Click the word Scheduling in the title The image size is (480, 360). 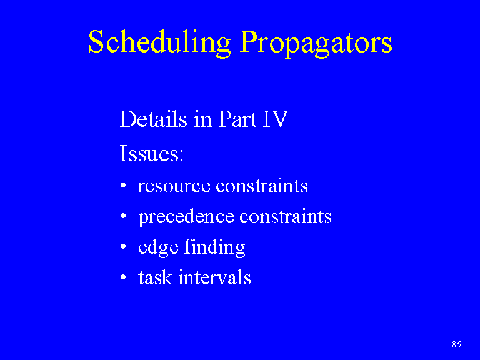[x=159, y=43]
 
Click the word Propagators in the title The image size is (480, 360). [x=316, y=43]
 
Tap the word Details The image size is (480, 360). [x=153, y=119]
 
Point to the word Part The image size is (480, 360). [x=237, y=119]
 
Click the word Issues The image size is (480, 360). [x=151, y=153]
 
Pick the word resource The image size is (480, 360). [x=174, y=187]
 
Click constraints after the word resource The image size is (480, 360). [x=262, y=186]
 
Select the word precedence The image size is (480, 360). [x=186, y=217]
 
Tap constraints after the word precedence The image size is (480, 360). [x=285, y=216]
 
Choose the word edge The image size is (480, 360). [x=158, y=248]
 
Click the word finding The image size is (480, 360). [x=214, y=247]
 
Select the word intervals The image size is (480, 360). [x=214, y=277]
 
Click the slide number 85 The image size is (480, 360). [x=456, y=344]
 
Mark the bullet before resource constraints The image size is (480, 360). [x=123, y=186]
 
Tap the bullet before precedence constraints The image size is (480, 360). [x=123, y=216]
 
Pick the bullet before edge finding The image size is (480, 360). [x=123, y=247]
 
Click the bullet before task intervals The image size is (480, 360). [x=123, y=277]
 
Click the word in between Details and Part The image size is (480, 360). [x=202, y=119]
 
